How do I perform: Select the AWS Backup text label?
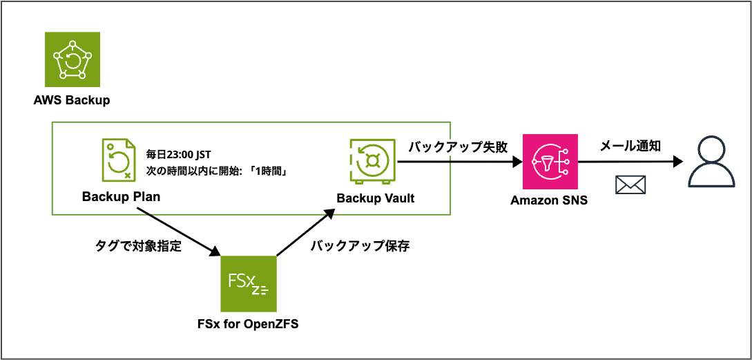72,100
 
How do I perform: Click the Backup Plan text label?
121,197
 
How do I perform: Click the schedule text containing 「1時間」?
216,170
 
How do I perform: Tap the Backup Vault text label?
376,198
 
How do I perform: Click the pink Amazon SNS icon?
550,162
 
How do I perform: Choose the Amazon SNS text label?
550,200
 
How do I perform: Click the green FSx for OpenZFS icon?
248,284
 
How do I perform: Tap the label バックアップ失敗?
458,146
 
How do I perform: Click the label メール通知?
630,145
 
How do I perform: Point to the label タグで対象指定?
138,246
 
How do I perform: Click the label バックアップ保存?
359,246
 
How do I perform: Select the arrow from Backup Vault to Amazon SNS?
459,162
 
